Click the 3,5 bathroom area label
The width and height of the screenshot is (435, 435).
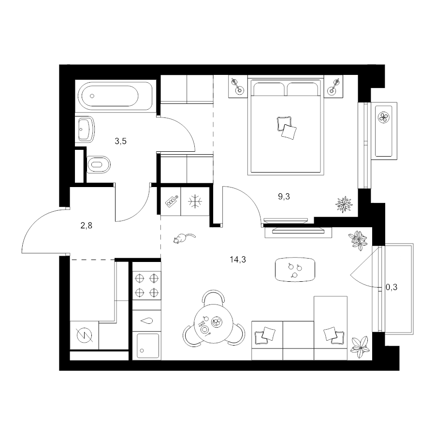coord(121,141)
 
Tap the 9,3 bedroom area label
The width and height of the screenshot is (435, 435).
coord(284,196)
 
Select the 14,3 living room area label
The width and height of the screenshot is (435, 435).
coord(238,260)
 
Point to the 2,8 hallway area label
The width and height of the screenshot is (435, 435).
coord(87,226)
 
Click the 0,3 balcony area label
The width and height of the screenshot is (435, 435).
coord(391,287)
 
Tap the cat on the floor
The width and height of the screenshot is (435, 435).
coord(184,238)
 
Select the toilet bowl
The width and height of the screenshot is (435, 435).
coord(99,164)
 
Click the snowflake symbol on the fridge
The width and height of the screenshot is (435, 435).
coord(195,202)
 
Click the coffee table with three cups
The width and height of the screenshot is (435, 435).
coord(295,269)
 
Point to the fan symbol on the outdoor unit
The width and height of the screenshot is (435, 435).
coord(384,117)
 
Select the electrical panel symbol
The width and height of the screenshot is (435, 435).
coord(84,335)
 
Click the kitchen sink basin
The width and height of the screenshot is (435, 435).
coord(147,346)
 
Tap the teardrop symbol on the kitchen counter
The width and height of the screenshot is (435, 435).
coord(147,321)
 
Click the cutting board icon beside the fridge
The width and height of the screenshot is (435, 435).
coord(172,202)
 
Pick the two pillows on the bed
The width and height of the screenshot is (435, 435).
coord(287,127)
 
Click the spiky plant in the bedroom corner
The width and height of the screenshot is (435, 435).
coord(344,204)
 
